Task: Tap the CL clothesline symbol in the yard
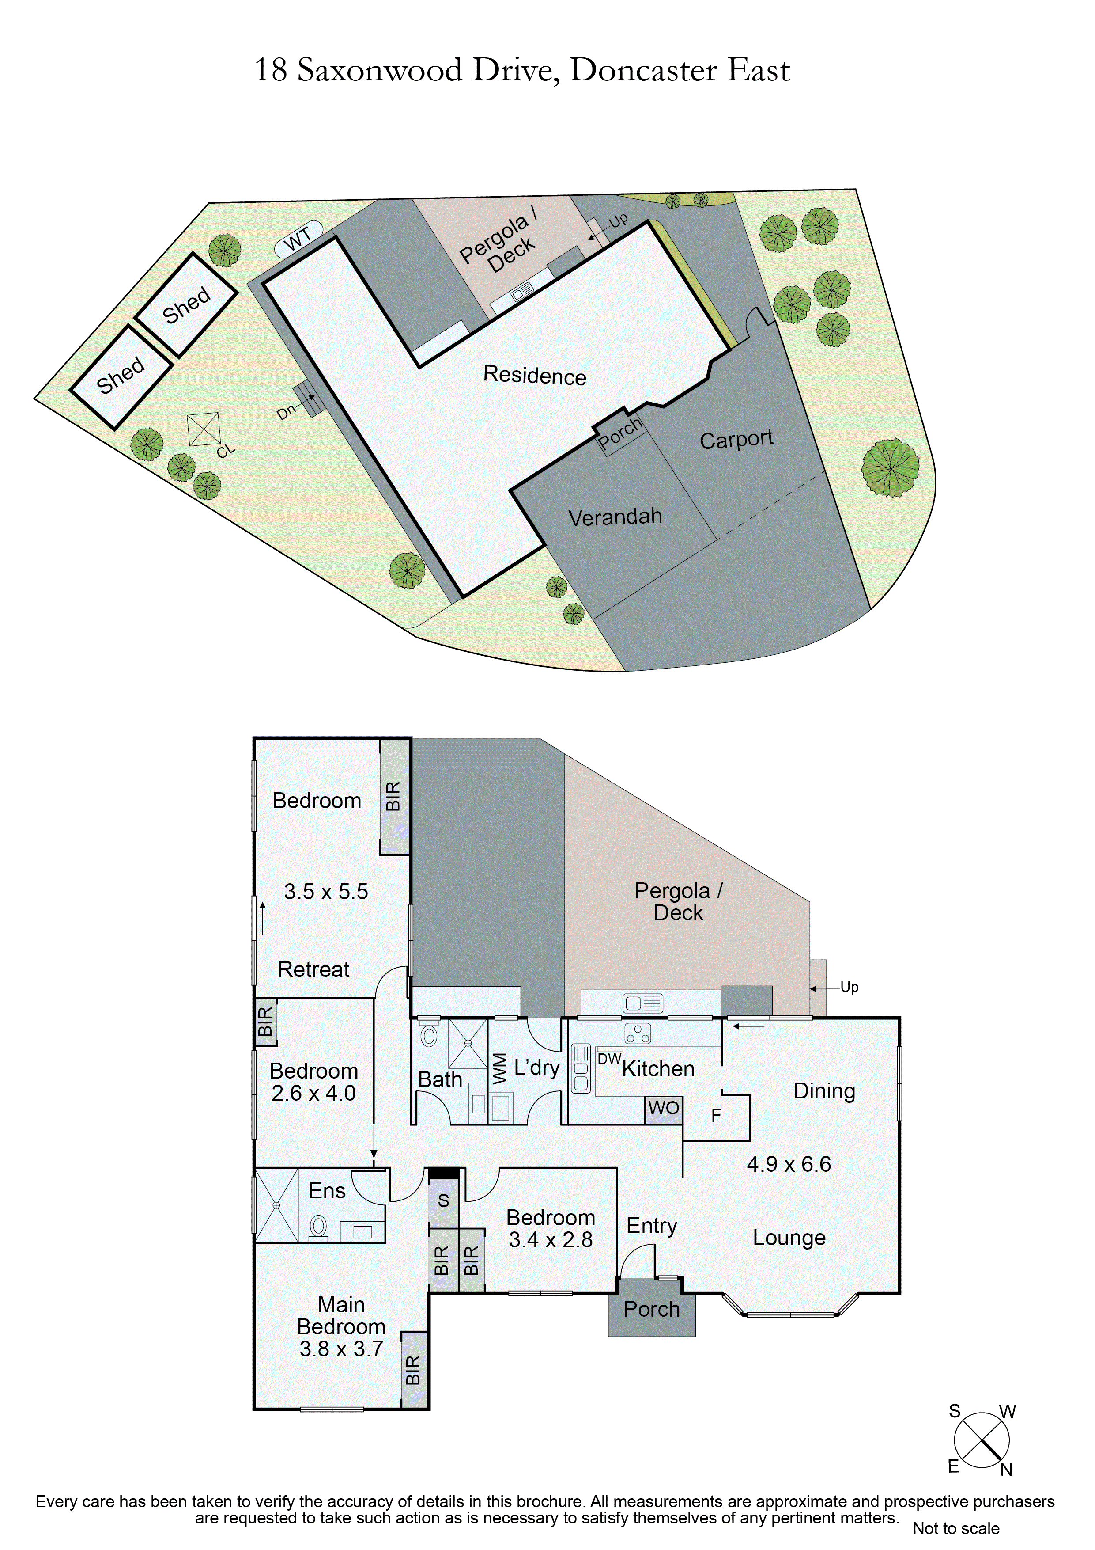pos(204,429)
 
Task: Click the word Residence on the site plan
pos(534,375)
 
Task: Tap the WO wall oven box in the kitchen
pos(663,1108)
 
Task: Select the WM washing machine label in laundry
pos(499,1068)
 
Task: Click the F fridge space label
pos(717,1115)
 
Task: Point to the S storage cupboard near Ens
pos(443,1201)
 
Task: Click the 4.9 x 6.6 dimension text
pos(789,1164)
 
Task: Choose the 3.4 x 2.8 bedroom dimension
pos(551,1239)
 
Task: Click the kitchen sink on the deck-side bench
pos(642,1003)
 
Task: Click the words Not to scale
pos(955,1528)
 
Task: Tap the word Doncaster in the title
pos(643,70)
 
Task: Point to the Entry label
pos(652,1225)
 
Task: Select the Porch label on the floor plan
pos(651,1309)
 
